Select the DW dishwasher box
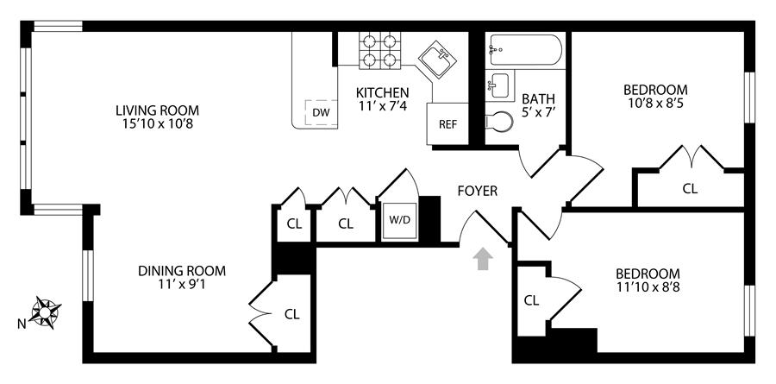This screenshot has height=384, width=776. (320, 113)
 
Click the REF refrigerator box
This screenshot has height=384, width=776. (447, 123)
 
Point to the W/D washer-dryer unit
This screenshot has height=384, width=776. (399, 220)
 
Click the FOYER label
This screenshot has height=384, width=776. (477, 191)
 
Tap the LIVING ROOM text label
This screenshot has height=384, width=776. (159, 110)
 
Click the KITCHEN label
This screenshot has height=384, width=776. (383, 93)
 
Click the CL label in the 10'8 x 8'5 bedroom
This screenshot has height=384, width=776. (690, 188)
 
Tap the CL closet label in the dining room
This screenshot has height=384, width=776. (291, 314)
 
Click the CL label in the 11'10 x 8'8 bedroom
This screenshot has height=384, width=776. (531, 300)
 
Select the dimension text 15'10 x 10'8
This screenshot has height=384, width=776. (159, 124)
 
